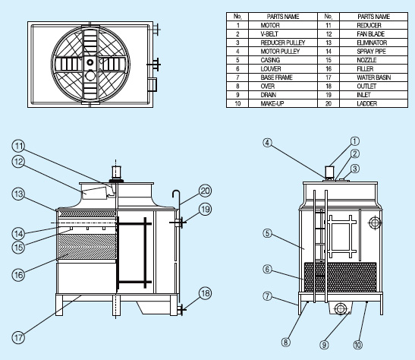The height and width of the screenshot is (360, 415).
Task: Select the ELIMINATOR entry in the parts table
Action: pyautogui.click(x=372, y=43)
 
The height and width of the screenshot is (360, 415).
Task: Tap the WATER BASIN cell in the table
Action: pyautogui.click(x=374, y=77)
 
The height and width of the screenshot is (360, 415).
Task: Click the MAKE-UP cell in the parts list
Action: pyautogui.click(x=272, y=103)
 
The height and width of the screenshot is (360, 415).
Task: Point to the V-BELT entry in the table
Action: pyautogui.click(x=269, y=34)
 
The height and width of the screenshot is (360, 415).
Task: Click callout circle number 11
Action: pyautogui.click(x=18, y=146)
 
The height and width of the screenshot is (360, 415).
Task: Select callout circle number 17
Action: pyautogui.click(x=18, y=338)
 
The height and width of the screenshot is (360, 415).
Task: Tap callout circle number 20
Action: pyautogui.click(x=206, y=191)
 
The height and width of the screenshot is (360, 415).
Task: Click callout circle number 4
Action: pyautogui.click(x=268, y=143)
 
